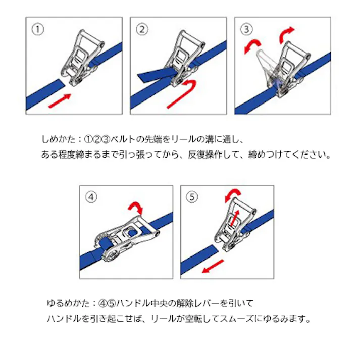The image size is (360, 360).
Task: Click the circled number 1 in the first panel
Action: (x=38, y=29)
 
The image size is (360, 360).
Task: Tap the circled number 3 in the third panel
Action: (x=247, y=29)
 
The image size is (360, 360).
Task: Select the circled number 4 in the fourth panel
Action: (x=91, y=197)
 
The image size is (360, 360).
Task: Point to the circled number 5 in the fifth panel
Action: (x=192, y=197)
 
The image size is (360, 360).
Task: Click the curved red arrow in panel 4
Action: (x=135, y=207)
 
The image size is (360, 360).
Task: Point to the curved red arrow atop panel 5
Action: (x=232, y=194)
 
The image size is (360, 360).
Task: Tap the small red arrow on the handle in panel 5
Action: (x=235, y=218)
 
